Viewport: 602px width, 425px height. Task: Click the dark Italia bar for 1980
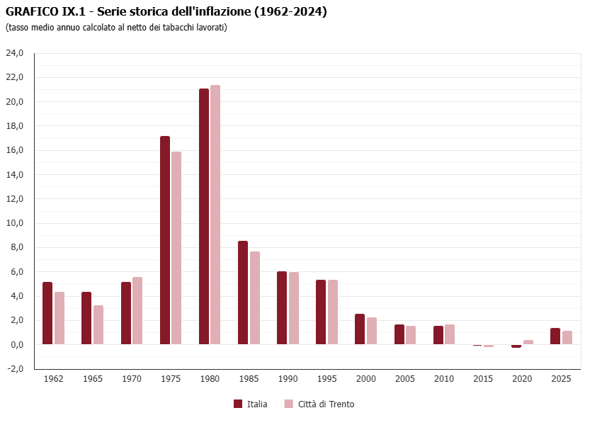[x=204, y=216]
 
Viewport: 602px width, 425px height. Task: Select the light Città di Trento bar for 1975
[x=176, y=248]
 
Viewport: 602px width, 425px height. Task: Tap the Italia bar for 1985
[x=243, y=293]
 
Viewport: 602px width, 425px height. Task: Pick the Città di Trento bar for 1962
[x=59, y=318]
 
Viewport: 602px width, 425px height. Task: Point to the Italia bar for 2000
[x=360, y=329]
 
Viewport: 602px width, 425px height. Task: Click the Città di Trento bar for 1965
[x=98, y=325]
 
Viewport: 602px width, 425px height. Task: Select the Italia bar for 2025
[x=555, y=336]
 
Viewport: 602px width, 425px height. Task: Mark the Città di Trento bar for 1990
[x=294, y=308]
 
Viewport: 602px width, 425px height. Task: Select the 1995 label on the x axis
[x=327, y=379]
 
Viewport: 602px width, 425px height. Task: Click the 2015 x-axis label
[x=484, y=379]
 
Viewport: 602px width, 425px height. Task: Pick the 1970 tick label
[x=132, y=379]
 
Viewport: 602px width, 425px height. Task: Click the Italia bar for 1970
[x=126, y=313]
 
